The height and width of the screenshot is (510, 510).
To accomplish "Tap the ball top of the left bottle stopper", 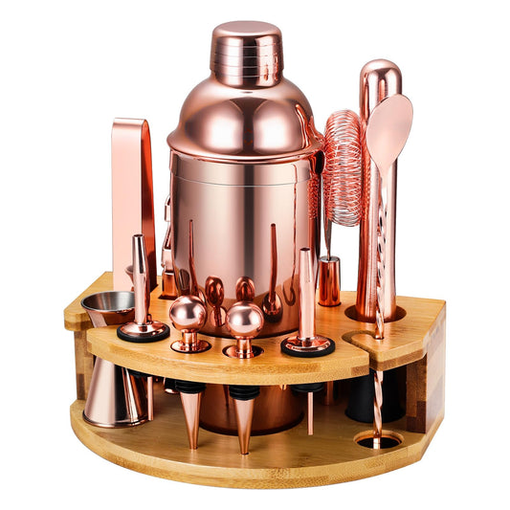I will [x=188, y=313].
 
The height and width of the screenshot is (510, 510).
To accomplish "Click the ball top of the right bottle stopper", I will [x=244, y=320].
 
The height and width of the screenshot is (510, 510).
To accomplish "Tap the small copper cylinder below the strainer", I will [x=330, y=280].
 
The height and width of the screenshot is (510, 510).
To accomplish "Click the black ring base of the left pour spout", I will [x=143, y=333].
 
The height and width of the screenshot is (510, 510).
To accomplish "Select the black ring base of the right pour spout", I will [x=307, y=345].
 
